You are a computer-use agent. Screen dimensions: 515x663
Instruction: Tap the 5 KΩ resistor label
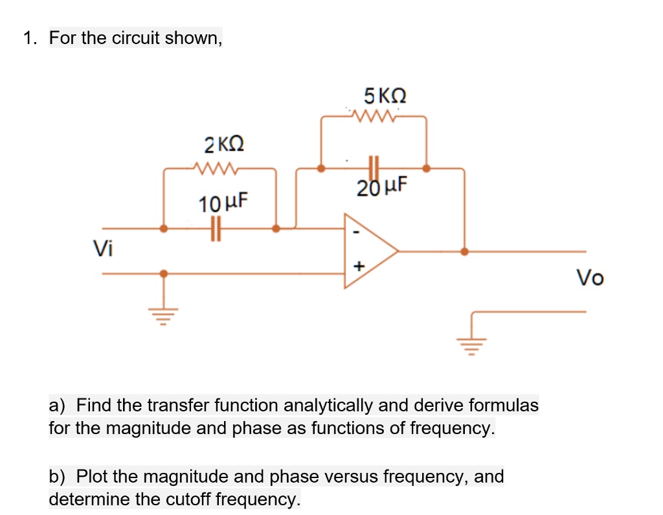click(385, 96)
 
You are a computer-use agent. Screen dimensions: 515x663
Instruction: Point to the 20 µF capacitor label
click(382, 187)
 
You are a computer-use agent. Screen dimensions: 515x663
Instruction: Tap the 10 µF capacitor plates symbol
click(216, 229)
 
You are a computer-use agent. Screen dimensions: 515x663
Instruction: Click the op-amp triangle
click(369, 251)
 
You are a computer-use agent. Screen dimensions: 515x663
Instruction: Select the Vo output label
click(590, 278)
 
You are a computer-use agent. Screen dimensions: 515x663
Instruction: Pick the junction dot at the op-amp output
click(464, 251)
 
